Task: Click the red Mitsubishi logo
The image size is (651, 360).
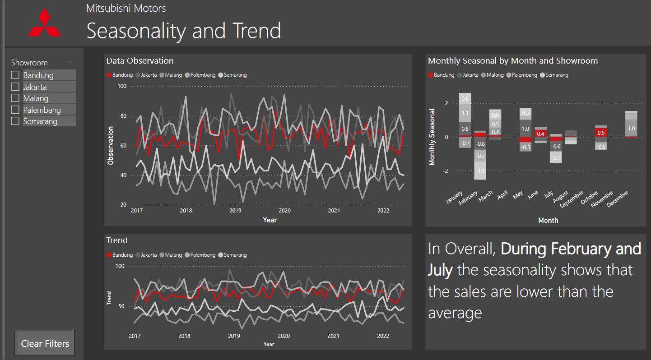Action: point(44,23)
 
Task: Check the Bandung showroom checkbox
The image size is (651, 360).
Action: point(15,75)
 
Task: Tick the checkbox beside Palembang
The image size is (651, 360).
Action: point(15,110)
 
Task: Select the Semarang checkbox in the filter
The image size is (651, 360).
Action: point(15,121)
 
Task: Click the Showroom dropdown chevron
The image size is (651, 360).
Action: point(70,62)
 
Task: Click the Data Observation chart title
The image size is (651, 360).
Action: point(139,60)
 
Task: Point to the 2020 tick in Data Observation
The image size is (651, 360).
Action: point(284,210)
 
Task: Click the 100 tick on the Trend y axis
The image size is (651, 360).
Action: point(120,266)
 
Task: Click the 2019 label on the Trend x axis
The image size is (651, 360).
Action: point(234,336)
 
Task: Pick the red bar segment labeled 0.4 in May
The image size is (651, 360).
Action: point(540,134)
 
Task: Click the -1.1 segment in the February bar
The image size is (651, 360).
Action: point(480,171)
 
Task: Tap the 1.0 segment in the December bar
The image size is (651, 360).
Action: point(631,128)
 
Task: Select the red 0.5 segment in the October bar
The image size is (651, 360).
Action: point(601,133)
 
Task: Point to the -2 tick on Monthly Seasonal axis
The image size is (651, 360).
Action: point(446,171)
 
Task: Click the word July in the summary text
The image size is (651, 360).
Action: point(440,270)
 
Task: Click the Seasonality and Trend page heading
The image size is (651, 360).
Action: point(183,31)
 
